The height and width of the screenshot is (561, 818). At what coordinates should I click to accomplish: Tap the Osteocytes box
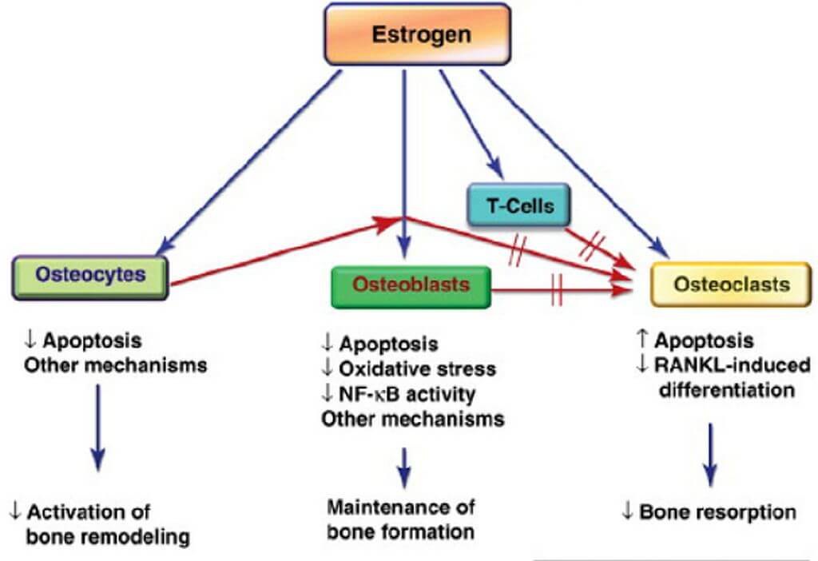coord(90,277)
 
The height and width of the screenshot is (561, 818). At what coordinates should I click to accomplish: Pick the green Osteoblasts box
coord(411,285)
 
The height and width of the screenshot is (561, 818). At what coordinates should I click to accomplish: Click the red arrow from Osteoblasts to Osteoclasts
coord(559,292)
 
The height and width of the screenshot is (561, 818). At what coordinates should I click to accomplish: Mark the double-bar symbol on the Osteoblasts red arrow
coord(557,292)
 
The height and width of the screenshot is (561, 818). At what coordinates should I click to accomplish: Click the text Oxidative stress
coord(418,368)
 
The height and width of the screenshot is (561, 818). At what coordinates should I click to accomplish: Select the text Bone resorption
coord(718,511)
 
